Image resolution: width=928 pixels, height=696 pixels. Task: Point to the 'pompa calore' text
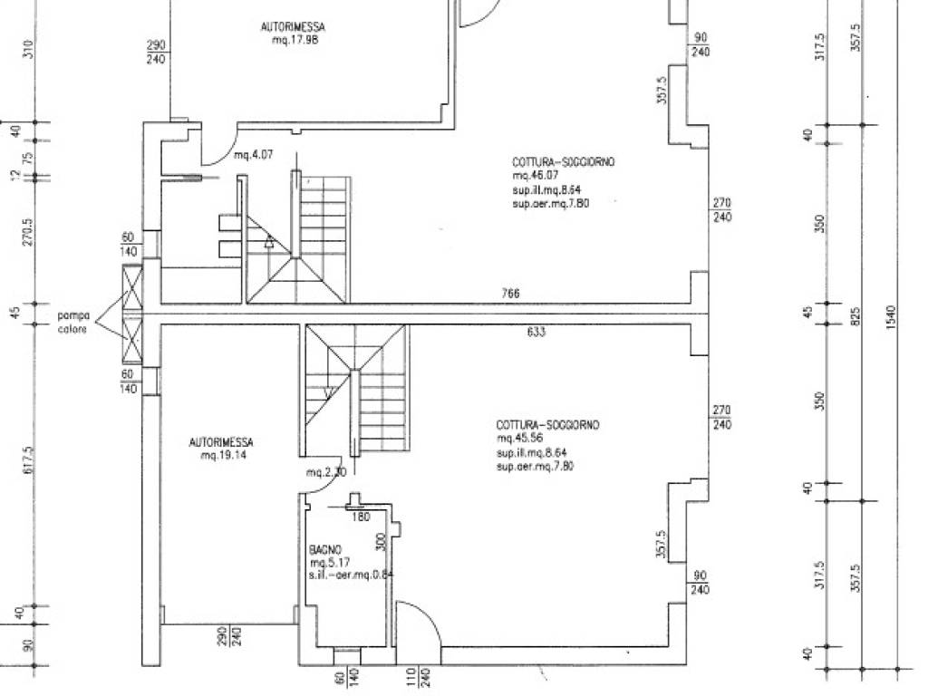(73, 323)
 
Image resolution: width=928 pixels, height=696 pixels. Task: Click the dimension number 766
(511, 295)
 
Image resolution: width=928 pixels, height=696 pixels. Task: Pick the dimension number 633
(536, 332)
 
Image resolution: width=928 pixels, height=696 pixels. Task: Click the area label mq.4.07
(254, 155)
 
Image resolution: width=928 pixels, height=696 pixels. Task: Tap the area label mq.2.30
(325, 472)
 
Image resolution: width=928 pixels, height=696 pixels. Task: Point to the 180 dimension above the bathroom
(361, 517)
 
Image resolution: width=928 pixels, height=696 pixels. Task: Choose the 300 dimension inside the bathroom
(381, 542)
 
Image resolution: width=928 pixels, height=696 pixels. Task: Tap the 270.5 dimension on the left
(28, 232)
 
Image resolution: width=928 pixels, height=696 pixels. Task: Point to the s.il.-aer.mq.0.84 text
(351, 575)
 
